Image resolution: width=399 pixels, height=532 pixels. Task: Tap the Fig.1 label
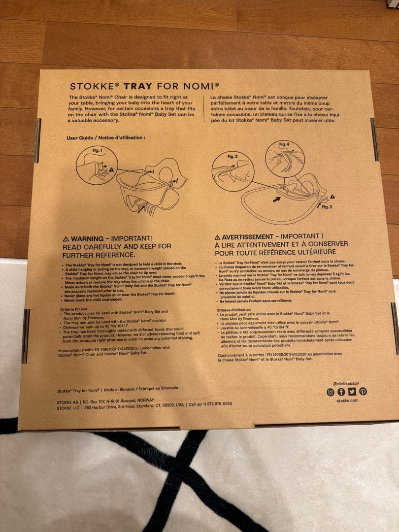click(97, 150)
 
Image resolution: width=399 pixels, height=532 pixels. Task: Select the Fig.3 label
click(328, 207)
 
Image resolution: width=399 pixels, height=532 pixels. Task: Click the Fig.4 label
click(284, 144)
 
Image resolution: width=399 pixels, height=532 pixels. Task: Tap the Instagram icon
click(331, 392)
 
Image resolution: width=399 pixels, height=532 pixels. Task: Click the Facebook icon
click(341, 392)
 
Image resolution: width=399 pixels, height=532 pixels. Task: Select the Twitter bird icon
click(352, 392)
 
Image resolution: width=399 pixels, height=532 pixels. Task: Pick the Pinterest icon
click(363, 392)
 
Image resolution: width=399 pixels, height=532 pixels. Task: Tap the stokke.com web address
click(347, 400)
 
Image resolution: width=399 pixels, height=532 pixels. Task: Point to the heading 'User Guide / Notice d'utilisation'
click(106, 137)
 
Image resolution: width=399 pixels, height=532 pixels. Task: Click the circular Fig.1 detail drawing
click(97, 166)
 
